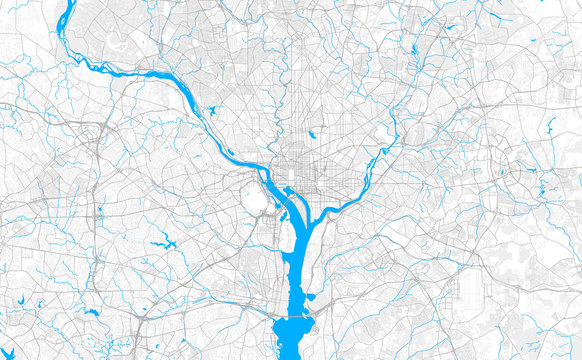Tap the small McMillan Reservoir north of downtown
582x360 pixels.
312,132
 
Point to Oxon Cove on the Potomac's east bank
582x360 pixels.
310,297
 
